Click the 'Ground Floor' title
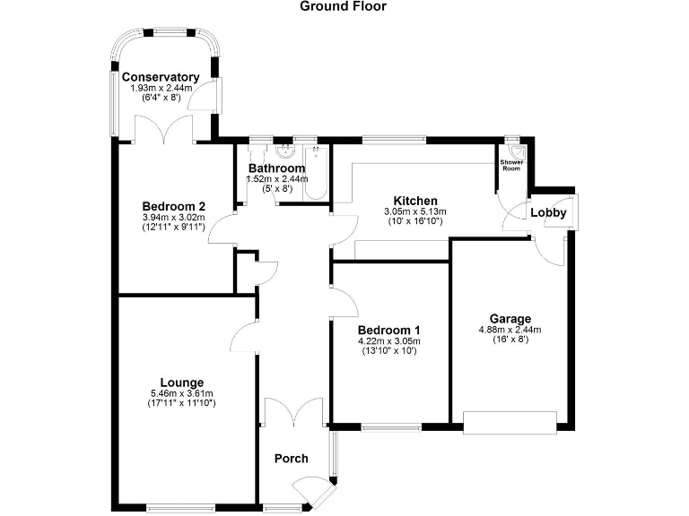tap(344, 6)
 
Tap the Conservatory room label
tap(161, 77)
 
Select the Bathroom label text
tap(276, 168)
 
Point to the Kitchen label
tap(414, 201)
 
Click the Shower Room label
tap(511, 166)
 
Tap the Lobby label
tap(548, 213)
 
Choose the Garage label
tap(510, 319)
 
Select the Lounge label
tap(181, 383)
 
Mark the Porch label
tap(291, 459)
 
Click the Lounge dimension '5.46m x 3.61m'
tap(181, 393)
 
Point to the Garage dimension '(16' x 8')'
tap(510, 340)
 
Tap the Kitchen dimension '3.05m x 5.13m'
tap(414, 211)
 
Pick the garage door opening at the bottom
tap(510, 422)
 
